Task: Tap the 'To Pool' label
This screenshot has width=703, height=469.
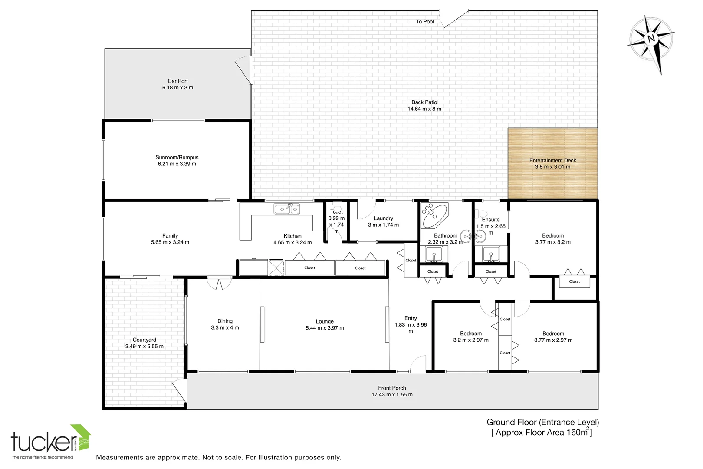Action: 425,22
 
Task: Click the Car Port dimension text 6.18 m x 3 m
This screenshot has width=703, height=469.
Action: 178,88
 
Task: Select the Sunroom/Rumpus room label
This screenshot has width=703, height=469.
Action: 177,158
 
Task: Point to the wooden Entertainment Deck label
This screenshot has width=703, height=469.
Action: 552,161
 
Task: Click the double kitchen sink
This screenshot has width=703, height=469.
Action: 286,209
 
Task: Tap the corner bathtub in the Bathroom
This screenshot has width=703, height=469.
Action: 434,216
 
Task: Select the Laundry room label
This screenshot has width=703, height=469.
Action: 383,218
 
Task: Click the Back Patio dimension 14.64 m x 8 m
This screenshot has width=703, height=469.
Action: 424,109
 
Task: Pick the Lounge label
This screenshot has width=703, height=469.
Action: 325,322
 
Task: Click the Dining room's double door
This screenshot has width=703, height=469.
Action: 219,284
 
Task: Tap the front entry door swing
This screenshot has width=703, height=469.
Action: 418,364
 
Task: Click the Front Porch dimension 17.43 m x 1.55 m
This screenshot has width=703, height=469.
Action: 392,395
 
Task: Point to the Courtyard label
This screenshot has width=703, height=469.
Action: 145,340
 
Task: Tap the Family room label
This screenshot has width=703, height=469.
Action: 170,236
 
